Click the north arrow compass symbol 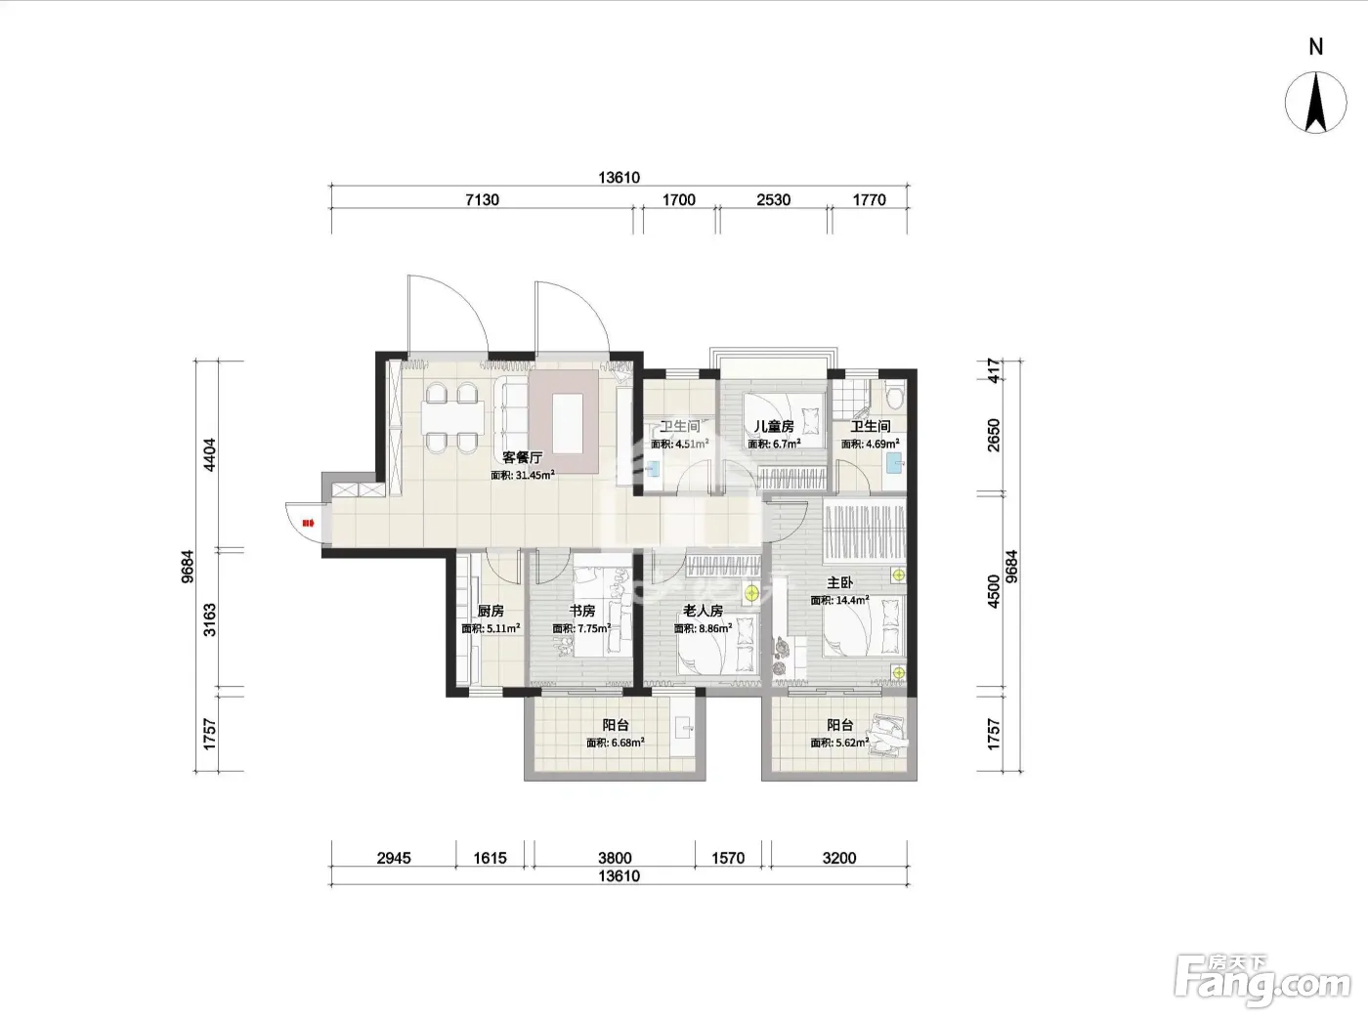coord(1315,103)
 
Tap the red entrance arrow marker coord(308,523)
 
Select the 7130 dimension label coord(483,200)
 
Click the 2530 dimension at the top coord(774,200)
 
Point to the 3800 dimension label coord(615,858)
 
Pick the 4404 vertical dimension coord(209,454)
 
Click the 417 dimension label coord(994,370)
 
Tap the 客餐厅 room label coord(522,458)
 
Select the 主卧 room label coord(839,583)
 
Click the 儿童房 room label coord(774,427)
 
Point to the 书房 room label coord(582,611)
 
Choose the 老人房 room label coord(703,611)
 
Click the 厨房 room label coord(491,611)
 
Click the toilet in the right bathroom coord(895,397)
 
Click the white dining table coord(453,417)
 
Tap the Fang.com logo coord(1262,982)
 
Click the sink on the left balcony coord(684,728)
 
